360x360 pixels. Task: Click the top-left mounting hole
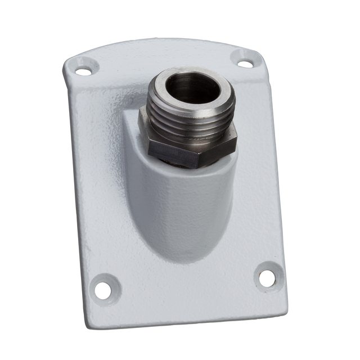[83, 71]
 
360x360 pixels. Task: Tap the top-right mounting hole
[245, 64]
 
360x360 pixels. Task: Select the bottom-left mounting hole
[102, 290]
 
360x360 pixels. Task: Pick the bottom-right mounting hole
[267, 276]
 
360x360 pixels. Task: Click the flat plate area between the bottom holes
[186, 292]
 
